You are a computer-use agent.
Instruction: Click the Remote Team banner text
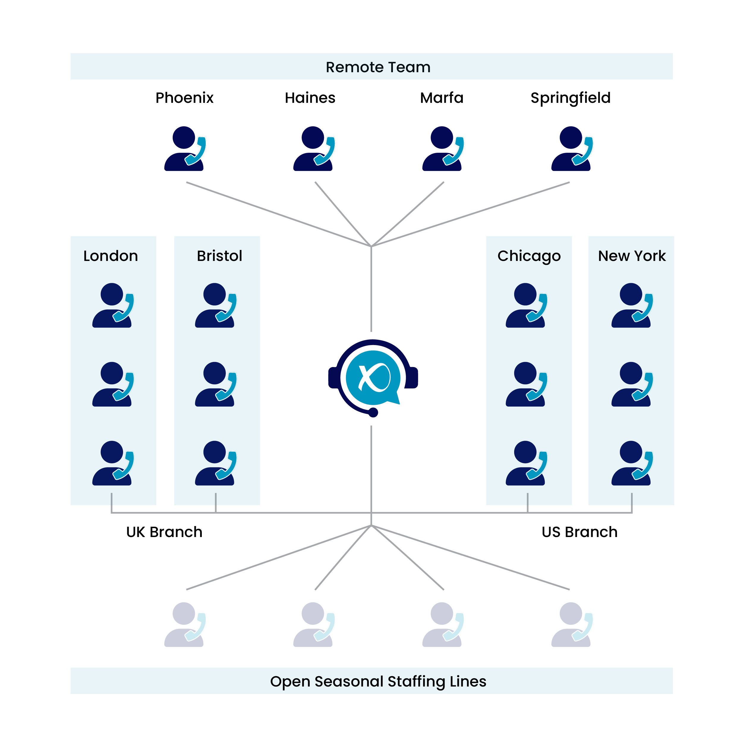tap(378, 67)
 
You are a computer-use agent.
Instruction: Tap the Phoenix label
tap(184, 98)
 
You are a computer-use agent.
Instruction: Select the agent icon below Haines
tap(313, 149)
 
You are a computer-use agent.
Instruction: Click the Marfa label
tap(442, 98)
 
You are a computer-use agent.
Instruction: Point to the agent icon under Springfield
tap(571, 149)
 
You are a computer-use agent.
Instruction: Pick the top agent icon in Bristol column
tap(215, 306)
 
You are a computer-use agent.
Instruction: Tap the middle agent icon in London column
tap(113, 384)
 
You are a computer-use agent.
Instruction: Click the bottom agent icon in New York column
tap(632, 463)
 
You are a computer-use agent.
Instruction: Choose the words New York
tap(632, 256)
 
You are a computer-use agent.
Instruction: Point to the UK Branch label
tap(164, 532)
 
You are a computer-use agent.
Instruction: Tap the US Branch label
tap(579, 532)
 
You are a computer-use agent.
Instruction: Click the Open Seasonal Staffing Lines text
tap(378, 681)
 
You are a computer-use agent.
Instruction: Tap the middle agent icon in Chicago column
tap(526, 384)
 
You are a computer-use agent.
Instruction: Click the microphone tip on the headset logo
tap(373, 413)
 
